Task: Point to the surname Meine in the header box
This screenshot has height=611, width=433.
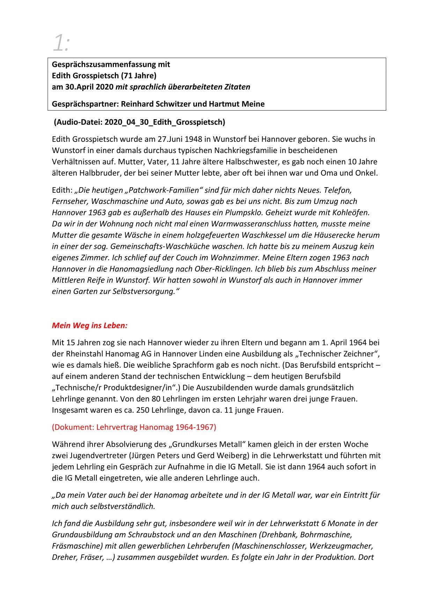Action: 252,104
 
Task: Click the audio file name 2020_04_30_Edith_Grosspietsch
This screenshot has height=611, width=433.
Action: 163,122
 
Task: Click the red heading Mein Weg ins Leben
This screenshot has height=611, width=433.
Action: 89,326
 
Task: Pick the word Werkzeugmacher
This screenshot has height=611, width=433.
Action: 341,546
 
